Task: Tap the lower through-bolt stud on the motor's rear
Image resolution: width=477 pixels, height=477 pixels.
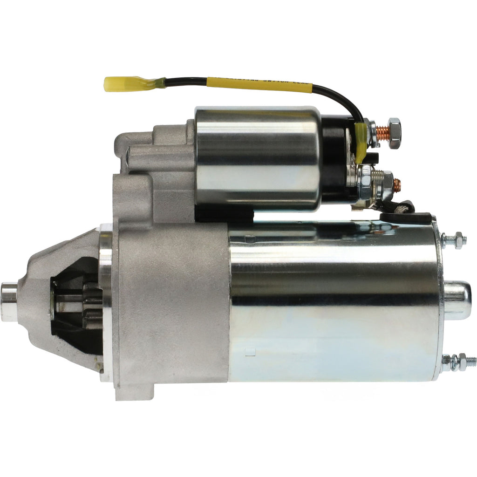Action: click(x=458, y=361)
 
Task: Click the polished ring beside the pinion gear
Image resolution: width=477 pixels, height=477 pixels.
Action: click(x=106, y=303)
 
